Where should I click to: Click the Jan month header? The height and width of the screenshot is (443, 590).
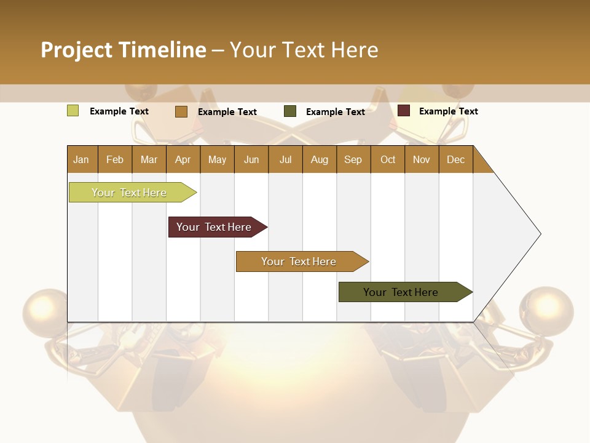click(x=82, y=159)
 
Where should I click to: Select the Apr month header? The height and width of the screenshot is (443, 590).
click(x=183, y=159)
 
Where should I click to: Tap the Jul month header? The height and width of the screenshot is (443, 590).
click(x=285, y=159)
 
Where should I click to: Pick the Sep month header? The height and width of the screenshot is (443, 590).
click(x=353, y=159)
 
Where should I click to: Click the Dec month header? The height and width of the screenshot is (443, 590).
click(x=455, y=159)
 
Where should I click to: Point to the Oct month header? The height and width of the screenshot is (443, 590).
click(x=387, y=159)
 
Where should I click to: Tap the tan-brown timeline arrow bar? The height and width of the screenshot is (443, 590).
click(x=299, y=261)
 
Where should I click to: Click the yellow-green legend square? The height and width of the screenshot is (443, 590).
click(x=73, y=111)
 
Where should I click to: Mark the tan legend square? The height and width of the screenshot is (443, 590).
click(x=181, y=111)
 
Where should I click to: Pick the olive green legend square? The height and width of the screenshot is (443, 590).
click(x=290, y=111)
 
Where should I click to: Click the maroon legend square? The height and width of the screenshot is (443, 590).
click(x=404, y=111)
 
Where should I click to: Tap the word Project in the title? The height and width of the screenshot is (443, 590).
click(x=76, y=50)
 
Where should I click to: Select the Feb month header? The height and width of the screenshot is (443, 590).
click(x=115, y=159)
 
